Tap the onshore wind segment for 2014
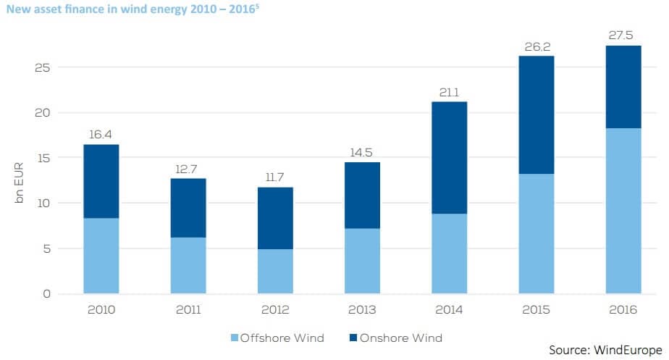[x=449, y=158]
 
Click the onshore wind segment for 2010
[x=101, y=181]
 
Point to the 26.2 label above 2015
[x=536, y=46]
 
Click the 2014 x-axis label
[x=449, y=310]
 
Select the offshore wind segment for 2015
[x=536, y=233]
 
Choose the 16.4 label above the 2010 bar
[x=101, y=135]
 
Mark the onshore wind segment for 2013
[x=362, y=196]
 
